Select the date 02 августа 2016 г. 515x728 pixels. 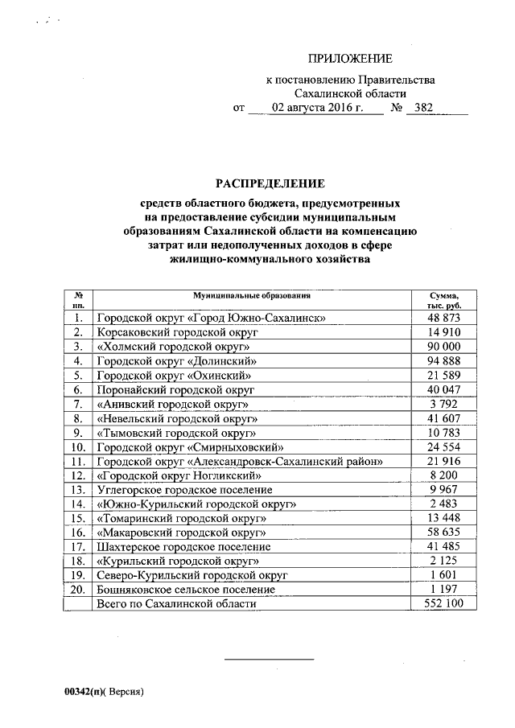tap(317, 107)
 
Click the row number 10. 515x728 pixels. tap(79, 447)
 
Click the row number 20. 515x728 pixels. tap(79, 590)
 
